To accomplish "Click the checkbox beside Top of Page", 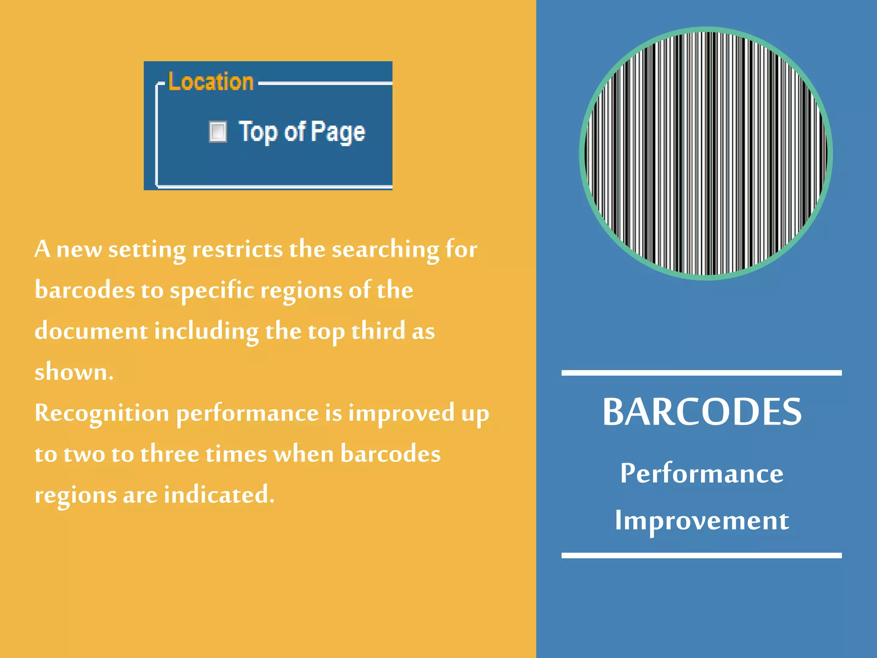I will pos(218,132).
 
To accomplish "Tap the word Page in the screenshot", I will pos(338,132).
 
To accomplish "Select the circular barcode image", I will pos(706,153).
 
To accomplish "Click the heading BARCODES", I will pos(701,412).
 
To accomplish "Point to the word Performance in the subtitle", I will pos(701,473).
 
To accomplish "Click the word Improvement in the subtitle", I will pos(701,520).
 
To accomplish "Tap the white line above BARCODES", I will pos(701,373).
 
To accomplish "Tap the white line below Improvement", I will pos(701,556).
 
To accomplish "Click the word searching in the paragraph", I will pos(385,249).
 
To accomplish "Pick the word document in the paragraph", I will pos(91,331).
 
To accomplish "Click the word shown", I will pos(74,372).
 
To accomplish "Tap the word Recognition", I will pos(102,413).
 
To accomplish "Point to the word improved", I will pos(401,413).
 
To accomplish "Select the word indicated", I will pos(219,495).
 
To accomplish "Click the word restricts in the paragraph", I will pos(237,249).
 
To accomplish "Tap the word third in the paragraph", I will pos(379,331).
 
